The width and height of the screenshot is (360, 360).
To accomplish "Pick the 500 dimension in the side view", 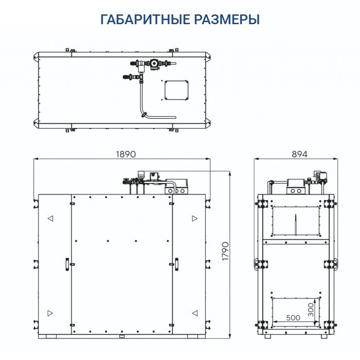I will tap(293, 318).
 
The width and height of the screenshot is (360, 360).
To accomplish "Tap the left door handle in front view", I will tap(66, 263).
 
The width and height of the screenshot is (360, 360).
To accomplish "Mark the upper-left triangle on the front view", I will tap(50, 219).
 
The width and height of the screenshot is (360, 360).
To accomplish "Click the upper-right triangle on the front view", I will tap(194, 219).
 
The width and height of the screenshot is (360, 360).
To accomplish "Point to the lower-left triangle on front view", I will tap(50, 313).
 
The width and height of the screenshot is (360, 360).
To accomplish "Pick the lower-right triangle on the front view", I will tap(194, 313).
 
